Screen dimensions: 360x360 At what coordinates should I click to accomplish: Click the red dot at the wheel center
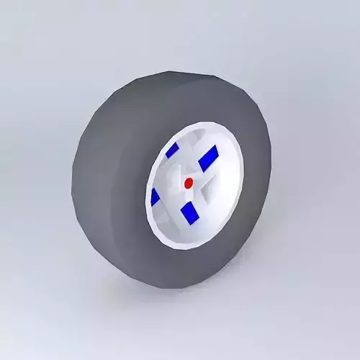(189, 183)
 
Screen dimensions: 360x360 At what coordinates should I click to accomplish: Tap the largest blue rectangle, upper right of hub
(208, 158)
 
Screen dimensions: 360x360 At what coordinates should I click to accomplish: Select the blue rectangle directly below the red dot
(190, 212)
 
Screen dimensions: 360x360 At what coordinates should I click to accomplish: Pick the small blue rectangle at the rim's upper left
(172, 150)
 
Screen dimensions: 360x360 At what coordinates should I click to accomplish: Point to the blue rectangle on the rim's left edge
(155, 197)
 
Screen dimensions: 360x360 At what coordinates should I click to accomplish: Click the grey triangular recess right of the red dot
(207, 188)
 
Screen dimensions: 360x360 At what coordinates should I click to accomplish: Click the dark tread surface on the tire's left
(101, 180)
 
